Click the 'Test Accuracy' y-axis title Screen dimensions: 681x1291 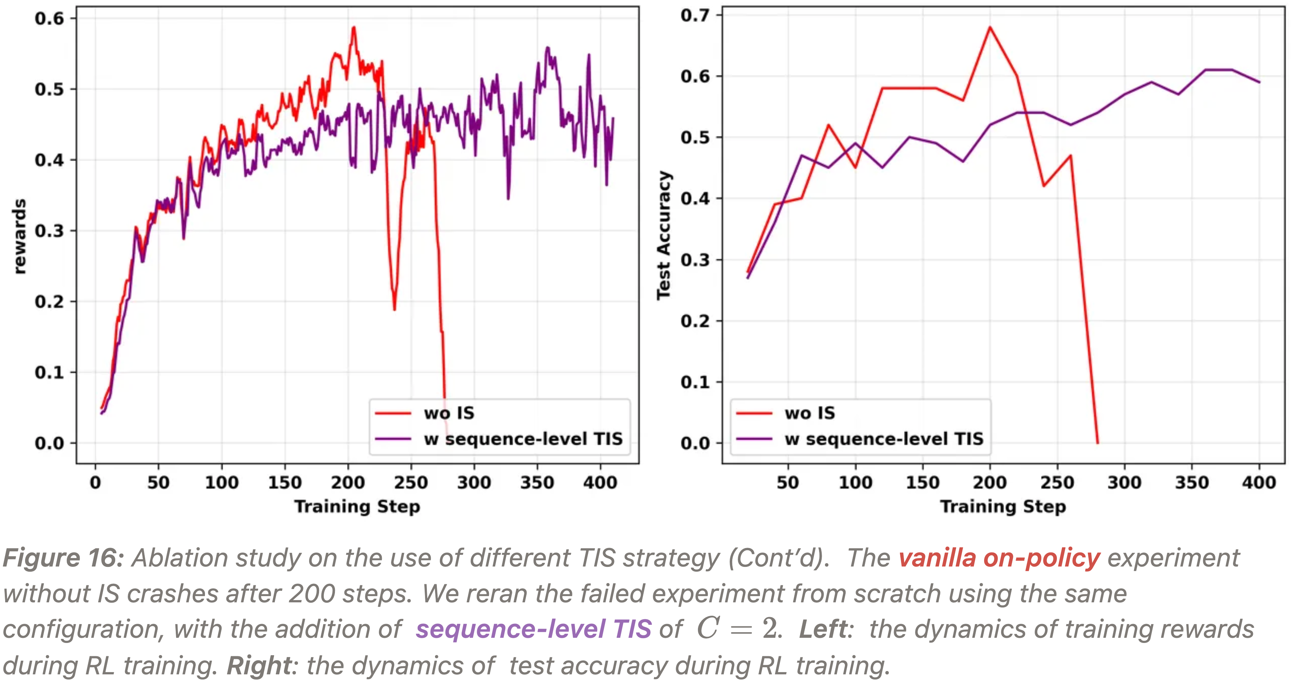click(664, 236)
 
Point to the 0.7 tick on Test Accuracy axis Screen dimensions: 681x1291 click(695, 16)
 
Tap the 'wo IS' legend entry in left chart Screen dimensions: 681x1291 click(449, 413)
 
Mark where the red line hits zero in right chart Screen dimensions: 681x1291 click(1097, 442)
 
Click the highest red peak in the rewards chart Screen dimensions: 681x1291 click(354, 28)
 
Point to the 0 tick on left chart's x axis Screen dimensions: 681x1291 click(95, 483)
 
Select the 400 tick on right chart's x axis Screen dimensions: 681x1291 click(1259, 483)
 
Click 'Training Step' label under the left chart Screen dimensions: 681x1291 click(357, 507)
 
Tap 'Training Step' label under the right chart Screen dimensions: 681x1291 click(1003, 507)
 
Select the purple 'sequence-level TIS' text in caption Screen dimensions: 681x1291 click(534, 629)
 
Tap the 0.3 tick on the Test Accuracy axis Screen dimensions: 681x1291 click(695, 260)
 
